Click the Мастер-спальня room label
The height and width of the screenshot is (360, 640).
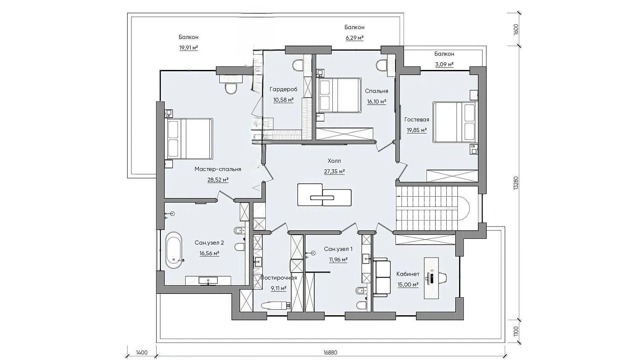point(218,169)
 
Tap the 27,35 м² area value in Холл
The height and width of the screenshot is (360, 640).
point(334,171)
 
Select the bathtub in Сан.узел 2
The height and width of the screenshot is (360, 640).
point(174,250)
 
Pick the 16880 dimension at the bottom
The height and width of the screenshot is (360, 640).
point(331,352)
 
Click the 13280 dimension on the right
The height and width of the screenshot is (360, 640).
point(515,182)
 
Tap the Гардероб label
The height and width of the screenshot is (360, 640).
point(283,89)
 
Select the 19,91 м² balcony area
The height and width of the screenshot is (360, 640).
point(189,48)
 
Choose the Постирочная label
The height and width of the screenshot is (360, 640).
point(279,278)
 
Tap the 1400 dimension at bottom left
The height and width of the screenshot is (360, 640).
point(142,352)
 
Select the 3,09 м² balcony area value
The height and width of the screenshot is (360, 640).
point(444,64)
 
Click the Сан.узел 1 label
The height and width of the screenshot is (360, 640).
point(338,249)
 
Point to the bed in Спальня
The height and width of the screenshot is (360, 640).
point(340,96)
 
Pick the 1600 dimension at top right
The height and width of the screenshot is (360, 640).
point(515,29)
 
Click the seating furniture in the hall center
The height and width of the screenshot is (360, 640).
point(325,195)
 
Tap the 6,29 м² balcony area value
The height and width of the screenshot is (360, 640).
point(354,38)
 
